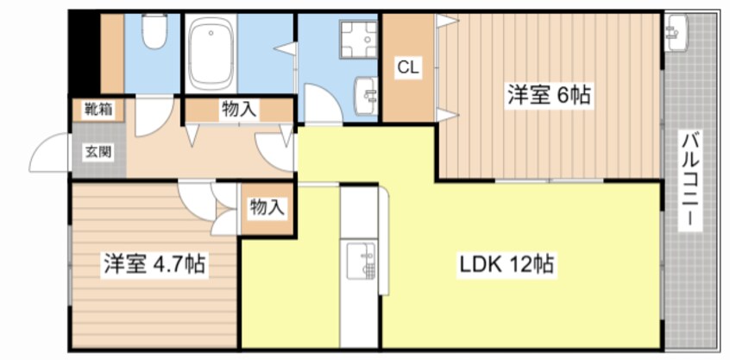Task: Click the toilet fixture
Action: [154, 31]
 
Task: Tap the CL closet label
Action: [409, 67]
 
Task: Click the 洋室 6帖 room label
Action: [549, 96]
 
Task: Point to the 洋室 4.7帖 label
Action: [154, 264]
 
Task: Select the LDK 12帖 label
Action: [506, 265]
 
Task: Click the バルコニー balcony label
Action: [690, 180]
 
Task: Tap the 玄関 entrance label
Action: [98, 151]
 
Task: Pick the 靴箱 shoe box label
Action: [98, 110]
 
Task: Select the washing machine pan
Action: [357, 40]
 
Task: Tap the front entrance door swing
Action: [49, 151]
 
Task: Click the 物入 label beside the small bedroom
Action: [267, 207]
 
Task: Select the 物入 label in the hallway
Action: [239, 110]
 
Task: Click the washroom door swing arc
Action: [323, 104]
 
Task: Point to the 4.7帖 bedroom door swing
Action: [196, 201]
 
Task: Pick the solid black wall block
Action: [85, 53]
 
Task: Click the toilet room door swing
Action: [154, 116]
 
